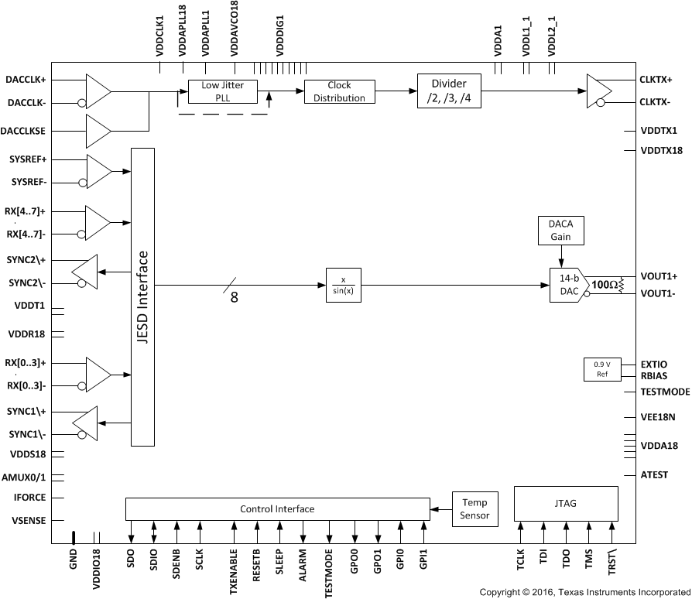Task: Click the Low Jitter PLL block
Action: (221, 91)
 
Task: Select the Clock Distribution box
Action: (339, 91)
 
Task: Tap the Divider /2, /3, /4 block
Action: (447, 91)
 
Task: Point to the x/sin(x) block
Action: (341, 286)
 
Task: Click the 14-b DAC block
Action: (567, 286)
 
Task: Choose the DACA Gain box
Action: (561, 231)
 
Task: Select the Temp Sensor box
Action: (474, 508)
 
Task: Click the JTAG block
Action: (566, 504)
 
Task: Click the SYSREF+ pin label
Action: (28, 159)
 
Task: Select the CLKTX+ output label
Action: (656, 79)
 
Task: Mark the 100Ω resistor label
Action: (604, 285)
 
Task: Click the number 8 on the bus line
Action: (234, 297)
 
